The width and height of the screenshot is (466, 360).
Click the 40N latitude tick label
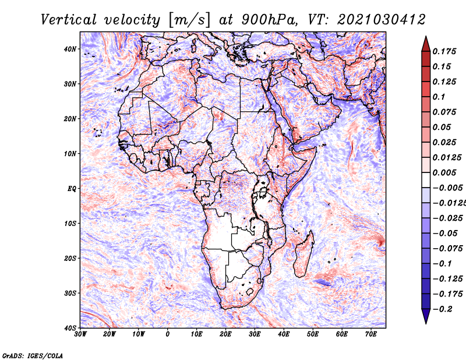click(70, 49)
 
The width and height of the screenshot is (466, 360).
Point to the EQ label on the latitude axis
click(72, 189)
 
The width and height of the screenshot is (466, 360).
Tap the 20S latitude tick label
click(70, 258)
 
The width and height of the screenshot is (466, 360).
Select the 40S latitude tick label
click(70, 328)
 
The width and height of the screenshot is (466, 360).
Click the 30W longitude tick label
click(80, 334)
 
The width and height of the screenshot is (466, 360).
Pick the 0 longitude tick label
click(168, 334)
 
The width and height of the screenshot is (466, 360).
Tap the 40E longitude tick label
click(284, 334)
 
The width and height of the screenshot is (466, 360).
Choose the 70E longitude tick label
click(371, 334)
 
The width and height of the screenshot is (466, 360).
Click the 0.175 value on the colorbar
click(444, 52)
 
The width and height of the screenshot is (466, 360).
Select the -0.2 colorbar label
click(442, 309)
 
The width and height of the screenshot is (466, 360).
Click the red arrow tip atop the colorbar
click(426, 37)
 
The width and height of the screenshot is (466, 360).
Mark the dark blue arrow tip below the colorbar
click(426, 323)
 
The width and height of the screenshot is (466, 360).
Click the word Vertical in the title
click(69, 20)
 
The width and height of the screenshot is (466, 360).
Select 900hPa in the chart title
click(269, 20)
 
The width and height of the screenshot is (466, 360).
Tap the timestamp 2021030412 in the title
click(382, 20)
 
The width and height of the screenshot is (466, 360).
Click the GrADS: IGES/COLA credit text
click(33, 355)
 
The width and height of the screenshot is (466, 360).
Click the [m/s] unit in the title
click(189, 20)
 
